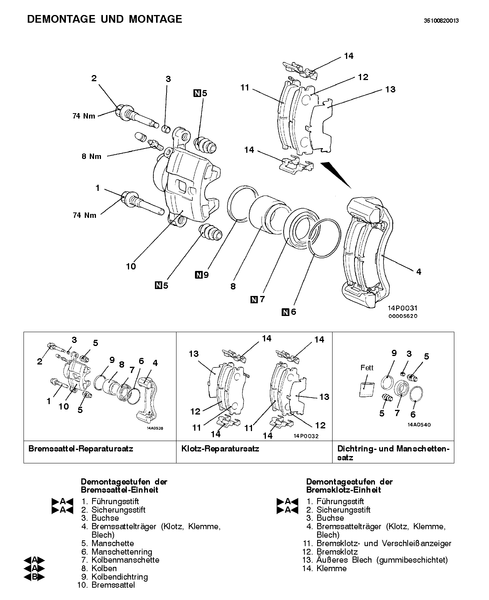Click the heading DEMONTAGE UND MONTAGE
pyautogui.click(x=104, y=19)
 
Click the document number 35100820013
pyautogui.click(x=441, y=21)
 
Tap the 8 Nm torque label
pyautogui.click(x=91, y=156)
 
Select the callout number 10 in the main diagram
pyautogui.click(x=131, y=266)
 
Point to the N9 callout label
pyautogui.click(x=202, y=275)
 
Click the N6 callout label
pyautogui.click(x=289, y=312)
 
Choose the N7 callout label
pyautogui.click(x=258, y=299)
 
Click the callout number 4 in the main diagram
pyautogui.click(x=418, y=272)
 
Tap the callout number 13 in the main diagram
pyautogui.click(x=390, y=89)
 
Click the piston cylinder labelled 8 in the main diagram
pyautogui.click(x=268, y=214)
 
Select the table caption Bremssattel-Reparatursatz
pyautogui.click(x=81, y=449)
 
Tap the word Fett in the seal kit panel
pyautogui.click(x=367, y=368)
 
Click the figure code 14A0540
pyautogui.click(x=419, y=425)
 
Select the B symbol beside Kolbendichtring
pyautogui.click(x=34, y=577)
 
